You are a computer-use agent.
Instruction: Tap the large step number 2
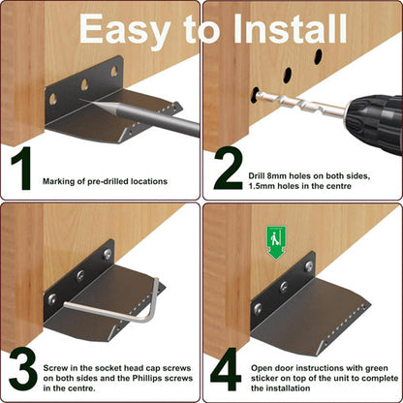pyautogui.click(x=227, y=169)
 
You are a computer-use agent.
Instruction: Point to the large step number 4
pyautogui.click(x=227, y=369)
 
